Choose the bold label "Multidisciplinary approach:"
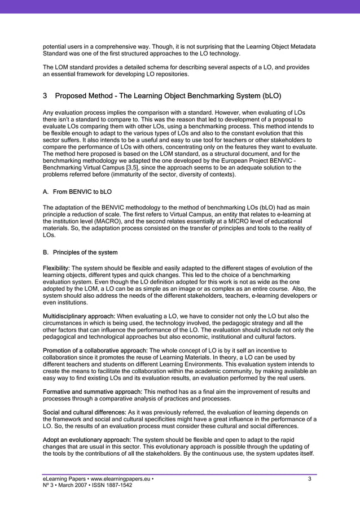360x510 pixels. click(80, 316)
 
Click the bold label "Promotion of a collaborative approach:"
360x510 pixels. click(95, 351)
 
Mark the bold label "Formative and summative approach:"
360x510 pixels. click(93, 392)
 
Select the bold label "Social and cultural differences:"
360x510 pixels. click(85, 413)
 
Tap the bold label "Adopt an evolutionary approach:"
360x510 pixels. click(86, 440)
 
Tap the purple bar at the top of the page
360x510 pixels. click(180, 6)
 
